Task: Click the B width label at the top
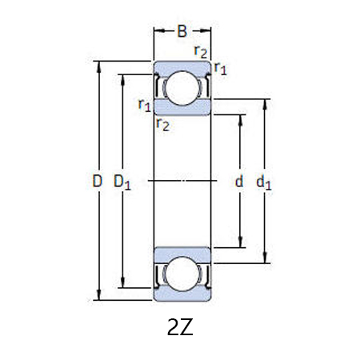(182, 32)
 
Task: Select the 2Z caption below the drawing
(180, 328)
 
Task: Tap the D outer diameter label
(97, 182)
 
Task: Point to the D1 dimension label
(122, 182)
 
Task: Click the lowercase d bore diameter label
(238, 182)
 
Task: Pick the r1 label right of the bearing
(221, 70)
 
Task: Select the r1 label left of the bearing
(144, 104)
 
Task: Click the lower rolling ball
(182, 274)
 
